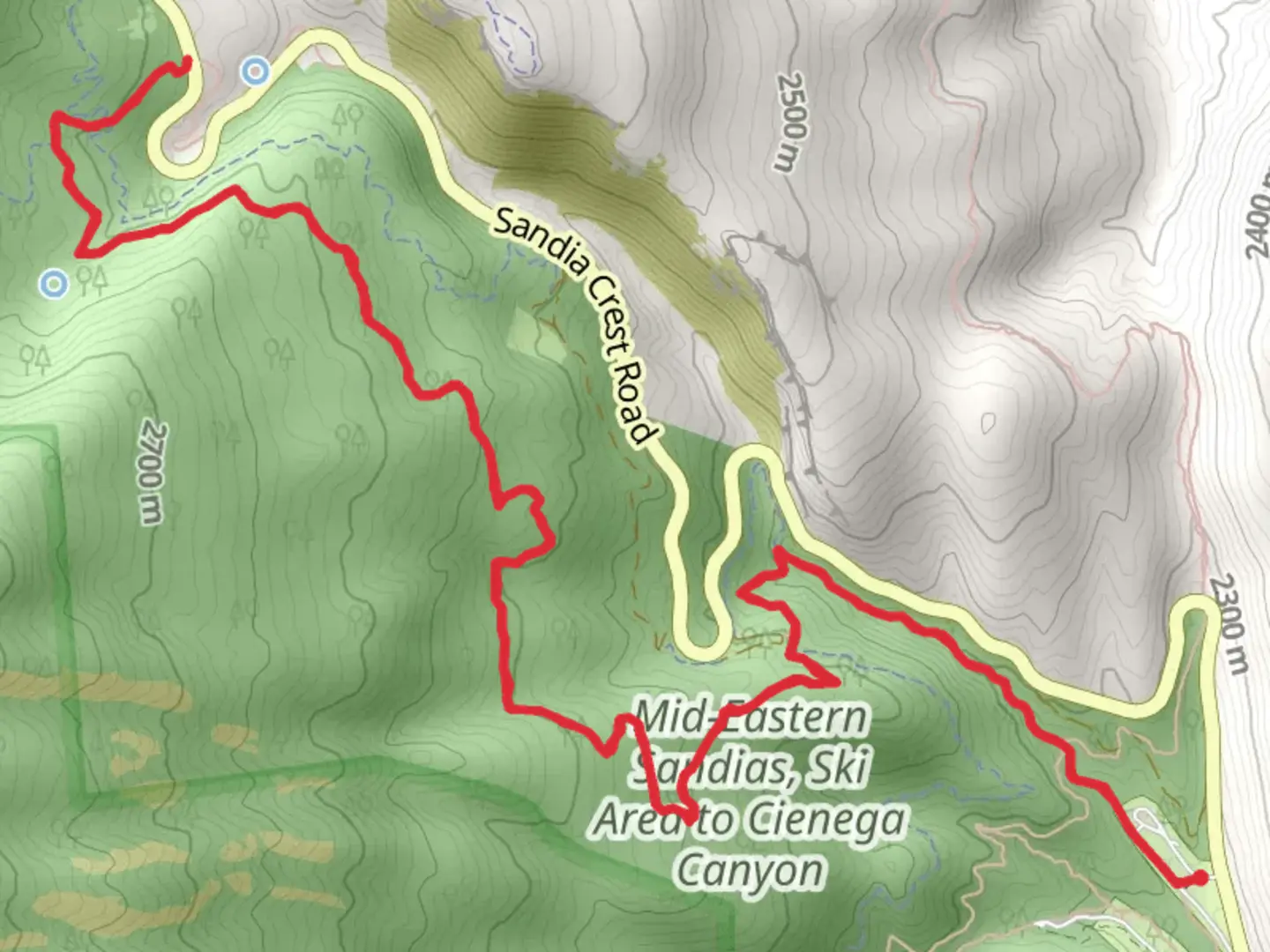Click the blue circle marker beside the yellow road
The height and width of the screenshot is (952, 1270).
pos(256,71)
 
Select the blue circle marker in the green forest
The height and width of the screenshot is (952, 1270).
pos(55,284)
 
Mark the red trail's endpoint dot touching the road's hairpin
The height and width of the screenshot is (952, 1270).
pos(186,62)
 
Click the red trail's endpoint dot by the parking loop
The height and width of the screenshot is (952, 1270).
pos(1199,878)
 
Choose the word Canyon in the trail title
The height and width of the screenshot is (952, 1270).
pos(750,870)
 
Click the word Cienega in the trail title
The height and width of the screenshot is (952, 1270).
pos(828,820)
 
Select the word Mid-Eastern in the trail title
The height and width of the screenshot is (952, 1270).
pos(751,717)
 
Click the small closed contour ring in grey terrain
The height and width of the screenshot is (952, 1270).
pos(989,424)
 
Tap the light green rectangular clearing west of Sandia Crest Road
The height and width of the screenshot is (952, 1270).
pos(537,336)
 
